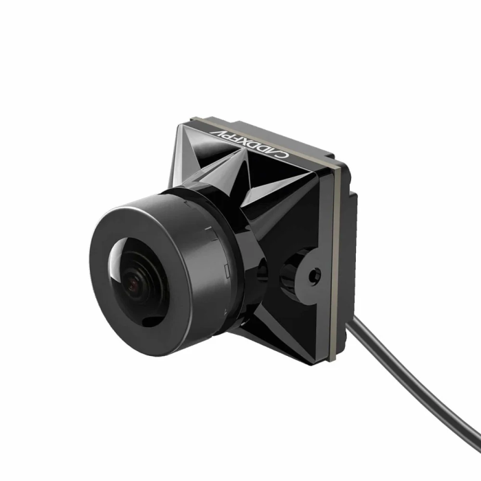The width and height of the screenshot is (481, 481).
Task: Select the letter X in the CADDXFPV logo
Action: tap(262, 148)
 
